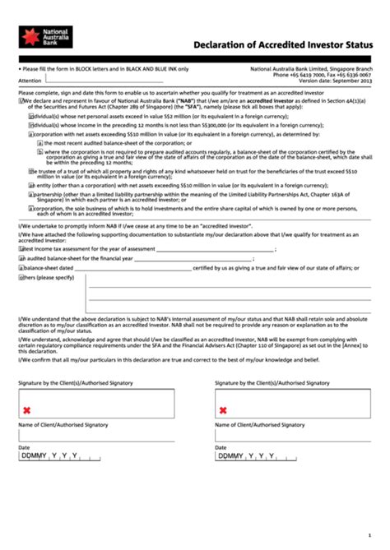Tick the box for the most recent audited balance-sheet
pyautogui.click(x=39, y=142)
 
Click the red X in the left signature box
pyautogui.click(x=27, y=409)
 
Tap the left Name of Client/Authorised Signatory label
pyautogui.click(x=63, y=425)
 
